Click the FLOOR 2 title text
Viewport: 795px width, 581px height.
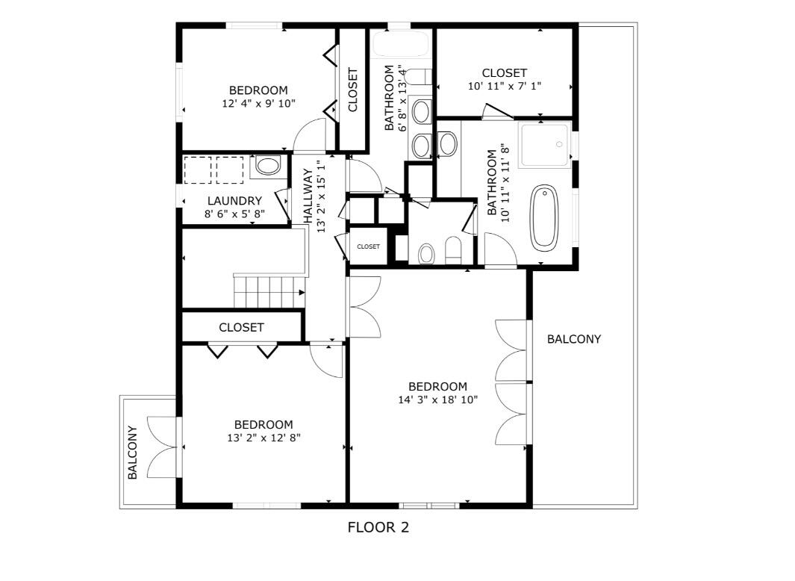(x=378, y=527)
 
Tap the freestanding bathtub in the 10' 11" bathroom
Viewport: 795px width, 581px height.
(x=544, y=217)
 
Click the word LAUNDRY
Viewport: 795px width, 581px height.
(x=234, y=201)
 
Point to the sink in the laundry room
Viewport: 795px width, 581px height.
(x=267, y=166)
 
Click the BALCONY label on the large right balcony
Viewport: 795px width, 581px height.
(x=573, y=339)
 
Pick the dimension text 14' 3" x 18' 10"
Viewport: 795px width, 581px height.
(x=437, y=400)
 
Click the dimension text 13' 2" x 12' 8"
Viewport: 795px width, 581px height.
(x=263, y=438)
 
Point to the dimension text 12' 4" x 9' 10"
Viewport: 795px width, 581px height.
(x=258, y=104)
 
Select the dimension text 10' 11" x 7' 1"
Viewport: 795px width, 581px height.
(x=504, y=86)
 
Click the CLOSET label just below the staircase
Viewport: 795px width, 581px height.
(x=241, y=327)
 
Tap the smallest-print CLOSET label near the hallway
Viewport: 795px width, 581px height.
(x=368, y=246)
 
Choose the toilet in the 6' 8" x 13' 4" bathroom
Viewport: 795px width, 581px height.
(x=420, y=75)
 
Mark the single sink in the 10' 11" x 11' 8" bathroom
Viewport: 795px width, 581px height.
(x=448, y=143)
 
